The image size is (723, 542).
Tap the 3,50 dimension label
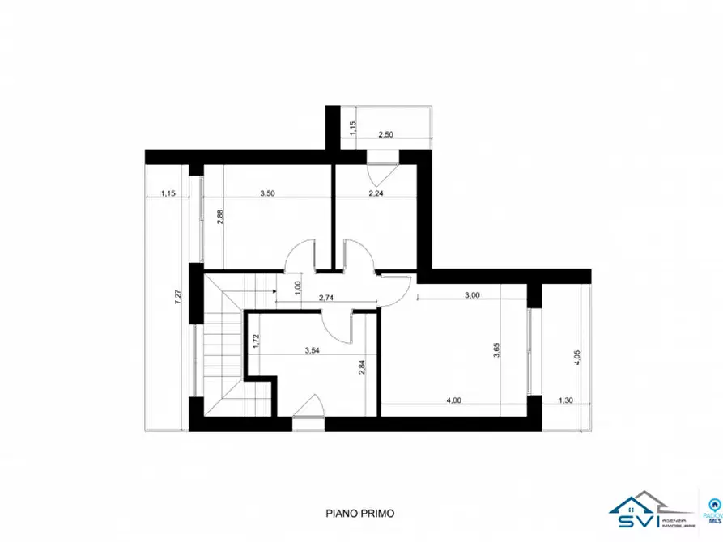pyautogui.click(x=267, y=193)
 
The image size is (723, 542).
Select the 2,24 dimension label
pyautogui.click(x=376, y=193)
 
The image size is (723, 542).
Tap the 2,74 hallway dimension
pyautogui.click(x=327, y=298)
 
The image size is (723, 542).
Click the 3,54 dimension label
pyautogui.click(x=313, y=350)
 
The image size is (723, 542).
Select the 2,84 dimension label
pyautogui.click(x=362, y=368)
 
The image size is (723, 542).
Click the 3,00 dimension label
pyautogui.click(x=473, y=295)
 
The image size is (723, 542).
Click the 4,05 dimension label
pyautogui.click(x=576, y=356)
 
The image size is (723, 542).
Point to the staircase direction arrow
pyautogui.click(x=276, y=286)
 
